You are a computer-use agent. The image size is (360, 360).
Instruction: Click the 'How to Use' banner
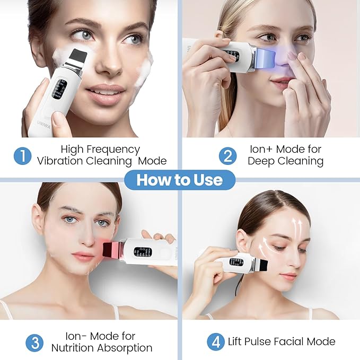pyautogui.click(x=180, y=180)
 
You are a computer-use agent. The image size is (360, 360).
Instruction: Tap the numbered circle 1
pyautogui.click(x=22, y=155)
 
